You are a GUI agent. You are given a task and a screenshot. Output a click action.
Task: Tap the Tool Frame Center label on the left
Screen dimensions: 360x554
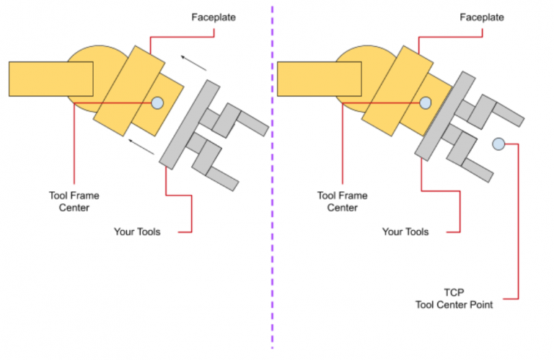click(x=74, y=201)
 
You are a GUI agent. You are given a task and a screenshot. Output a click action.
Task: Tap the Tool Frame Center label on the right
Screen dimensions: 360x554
click(x=343, y=201)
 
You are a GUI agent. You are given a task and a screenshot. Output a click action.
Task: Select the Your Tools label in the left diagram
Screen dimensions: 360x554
click(x=137, y=232)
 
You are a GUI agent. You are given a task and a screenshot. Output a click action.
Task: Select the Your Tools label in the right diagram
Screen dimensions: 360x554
click(x=405, y=232)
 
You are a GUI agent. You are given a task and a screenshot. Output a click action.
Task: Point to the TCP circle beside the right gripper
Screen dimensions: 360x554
click(x=498, y=144)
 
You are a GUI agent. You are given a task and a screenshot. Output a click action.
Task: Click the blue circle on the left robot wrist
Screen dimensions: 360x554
click(x=158, y=103)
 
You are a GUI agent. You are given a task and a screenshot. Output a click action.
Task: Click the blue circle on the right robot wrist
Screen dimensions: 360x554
click(x=426, y=103)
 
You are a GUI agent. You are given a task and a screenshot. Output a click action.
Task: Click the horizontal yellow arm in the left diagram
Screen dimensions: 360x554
click(x=50, y=79)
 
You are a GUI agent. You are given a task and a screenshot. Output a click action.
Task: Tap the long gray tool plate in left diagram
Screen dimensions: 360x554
click(x=189, y=124)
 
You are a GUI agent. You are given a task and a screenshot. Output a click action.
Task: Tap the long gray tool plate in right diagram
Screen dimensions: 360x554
click(x=445, y=114)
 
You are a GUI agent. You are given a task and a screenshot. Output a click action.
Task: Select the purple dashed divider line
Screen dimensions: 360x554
click(x=273, y=180)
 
